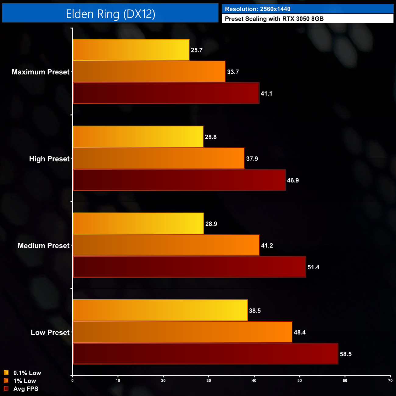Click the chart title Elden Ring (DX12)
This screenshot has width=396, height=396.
[x=110, y=14]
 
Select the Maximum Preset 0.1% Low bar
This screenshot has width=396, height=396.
[x=131, y=50]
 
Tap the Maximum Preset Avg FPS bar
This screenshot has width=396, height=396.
[x=166, y=93]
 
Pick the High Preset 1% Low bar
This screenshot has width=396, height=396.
[x=159, y=158]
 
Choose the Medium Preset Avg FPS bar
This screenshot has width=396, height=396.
[x=189, y=267]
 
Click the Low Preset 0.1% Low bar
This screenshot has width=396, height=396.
[x=160, y=310]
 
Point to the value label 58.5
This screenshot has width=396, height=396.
[x=346, y=354]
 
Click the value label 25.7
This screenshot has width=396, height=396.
[x=197, y=50]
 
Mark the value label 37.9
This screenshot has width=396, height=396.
[x=252, y=159]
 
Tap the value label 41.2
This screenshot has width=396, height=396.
[x=267, y=246]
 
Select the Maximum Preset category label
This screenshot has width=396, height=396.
[x=41, y=72]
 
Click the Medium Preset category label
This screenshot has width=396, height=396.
[x=44, y=246]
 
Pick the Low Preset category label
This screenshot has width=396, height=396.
[x=50, y=332]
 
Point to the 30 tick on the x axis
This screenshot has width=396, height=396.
[x=209, y=380]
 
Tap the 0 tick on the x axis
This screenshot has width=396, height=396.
[x=72, y=380]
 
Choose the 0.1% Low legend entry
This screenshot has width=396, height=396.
[x=27, y=373]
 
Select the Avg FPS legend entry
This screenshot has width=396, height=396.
[x=26, y=389]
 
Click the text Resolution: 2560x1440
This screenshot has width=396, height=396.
[x=258, y=9]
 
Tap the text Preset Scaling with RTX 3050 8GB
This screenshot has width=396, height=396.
[x=274, y=19]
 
